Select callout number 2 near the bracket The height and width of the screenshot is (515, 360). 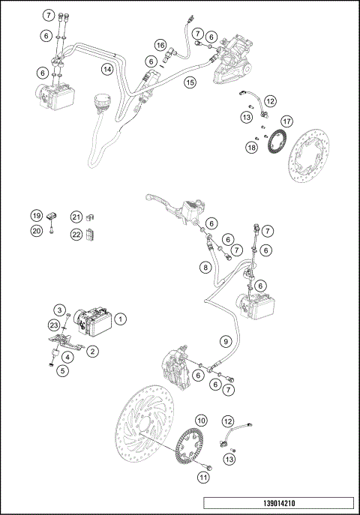click(x=92, y=351)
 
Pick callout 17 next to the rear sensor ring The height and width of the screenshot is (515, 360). click(x=286, y=121)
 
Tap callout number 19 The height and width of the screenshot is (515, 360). click(x=36, y=216)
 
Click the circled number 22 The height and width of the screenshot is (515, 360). click(x=76, y=235)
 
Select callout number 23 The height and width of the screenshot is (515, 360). click(x=53, y=325)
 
